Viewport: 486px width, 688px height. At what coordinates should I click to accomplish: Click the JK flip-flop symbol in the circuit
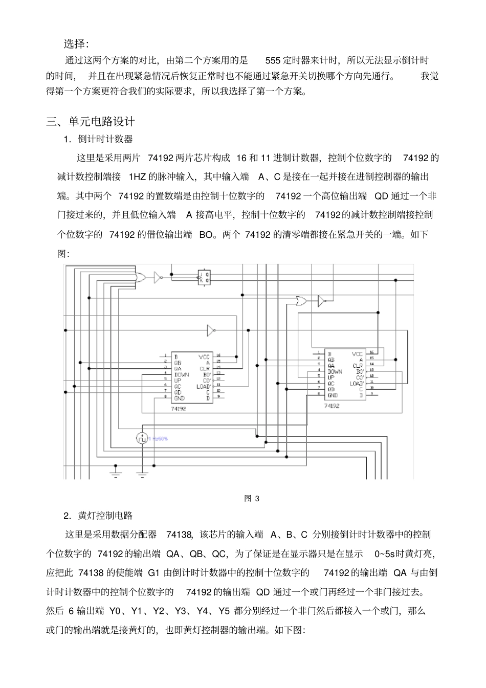tap(205, 277)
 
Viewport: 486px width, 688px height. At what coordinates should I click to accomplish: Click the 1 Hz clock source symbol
tap(142, 438)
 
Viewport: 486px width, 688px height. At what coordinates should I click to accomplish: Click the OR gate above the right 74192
tap(301, 301)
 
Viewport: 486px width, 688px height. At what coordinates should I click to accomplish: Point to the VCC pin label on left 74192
tap(204, 356)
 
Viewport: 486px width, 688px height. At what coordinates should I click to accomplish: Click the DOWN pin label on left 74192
tap(182, 374)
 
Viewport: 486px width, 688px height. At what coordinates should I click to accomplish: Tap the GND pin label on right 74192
tap(333, 395)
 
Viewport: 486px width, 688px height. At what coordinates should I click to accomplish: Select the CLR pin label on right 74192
tap(357, 366)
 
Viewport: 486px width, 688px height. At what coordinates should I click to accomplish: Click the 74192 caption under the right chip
tap(332, 405)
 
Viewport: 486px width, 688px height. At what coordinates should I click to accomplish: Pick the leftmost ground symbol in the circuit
tap(116, 473)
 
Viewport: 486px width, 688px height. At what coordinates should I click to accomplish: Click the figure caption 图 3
tap(252, 498)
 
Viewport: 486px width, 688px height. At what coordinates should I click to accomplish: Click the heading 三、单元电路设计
tap(91, 122)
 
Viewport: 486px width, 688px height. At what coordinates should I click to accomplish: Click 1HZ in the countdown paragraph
tap(137, 177)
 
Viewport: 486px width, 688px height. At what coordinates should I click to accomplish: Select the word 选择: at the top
tap(76, 42)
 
